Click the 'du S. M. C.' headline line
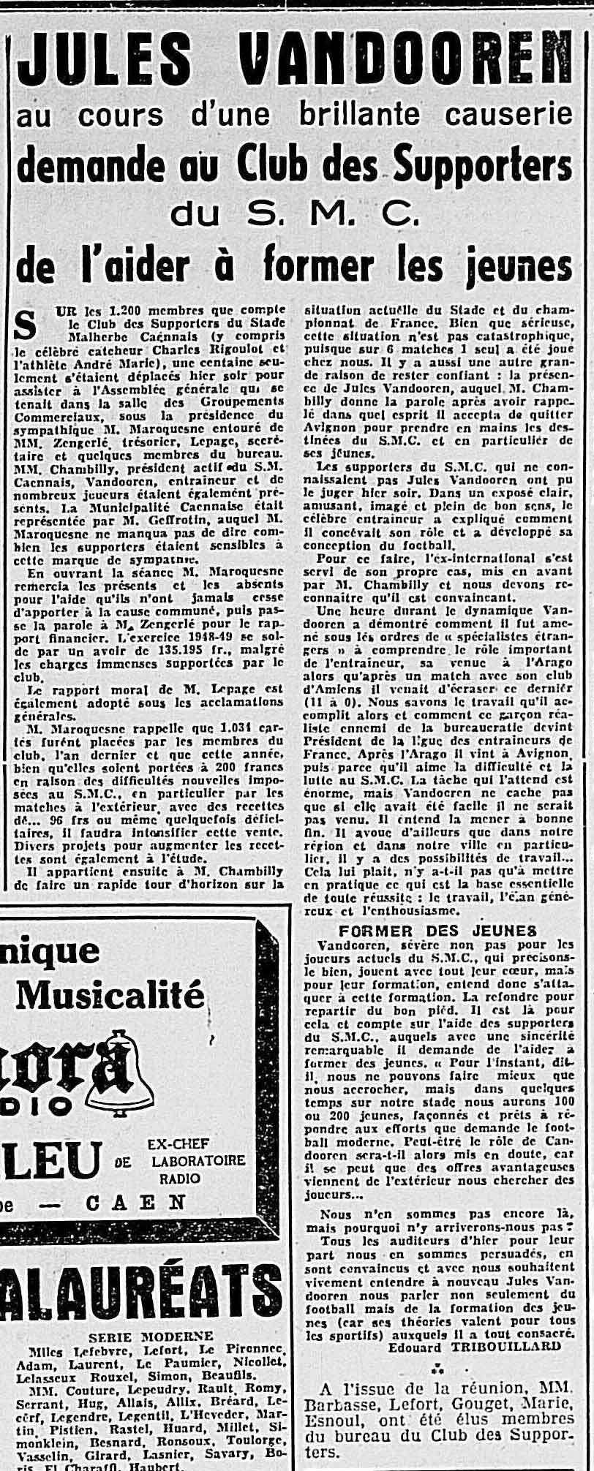[x=296, y=213]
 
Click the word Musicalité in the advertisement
[x=110, y=995]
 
